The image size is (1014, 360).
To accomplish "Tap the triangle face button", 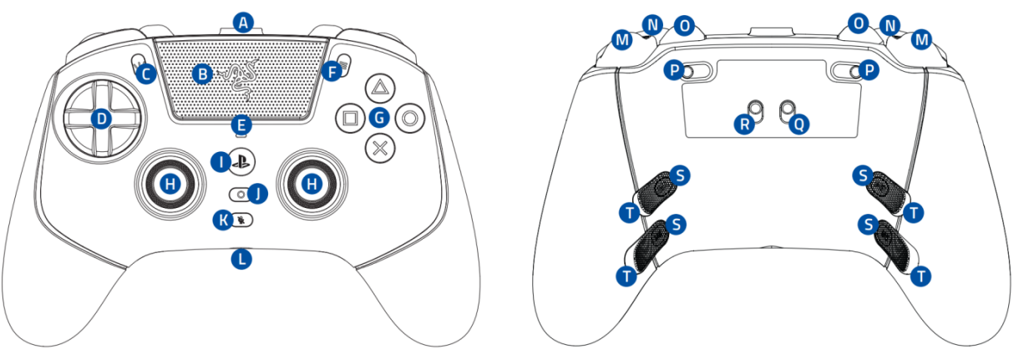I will click(380, 87).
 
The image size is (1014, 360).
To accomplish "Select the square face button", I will click(348, 118).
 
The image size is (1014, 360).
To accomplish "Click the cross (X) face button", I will click(380, 149).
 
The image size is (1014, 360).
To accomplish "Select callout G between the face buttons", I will click(380, 118).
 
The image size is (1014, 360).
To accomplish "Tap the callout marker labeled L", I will click(241, 259).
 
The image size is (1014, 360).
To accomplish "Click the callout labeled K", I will click(223, 220).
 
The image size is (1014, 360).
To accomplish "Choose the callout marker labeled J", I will click(259, 194).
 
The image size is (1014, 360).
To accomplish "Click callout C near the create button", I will click(147, 75).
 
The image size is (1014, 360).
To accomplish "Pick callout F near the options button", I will click(332, 73).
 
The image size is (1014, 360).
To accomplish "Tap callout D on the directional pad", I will click(101, 119).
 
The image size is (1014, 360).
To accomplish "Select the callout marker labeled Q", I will click(799, 124).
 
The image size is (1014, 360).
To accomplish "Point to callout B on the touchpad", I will click(201, 74).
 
